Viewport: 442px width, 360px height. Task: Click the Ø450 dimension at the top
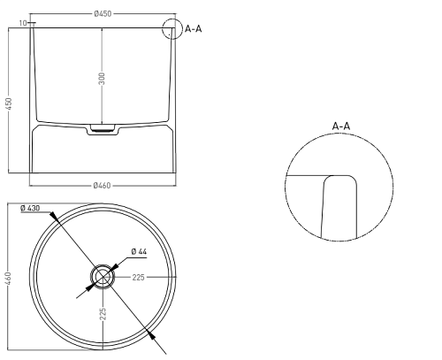(x=103, y=14)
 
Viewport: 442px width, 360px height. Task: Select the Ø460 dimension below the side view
(x=102, y=186)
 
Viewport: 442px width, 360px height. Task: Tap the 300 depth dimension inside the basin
(x=102, y=79)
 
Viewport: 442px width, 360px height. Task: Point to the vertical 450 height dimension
(x=9, y=104)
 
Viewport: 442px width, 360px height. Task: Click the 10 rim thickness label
(x=23, y=23)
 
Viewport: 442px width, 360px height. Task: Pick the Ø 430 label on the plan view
(x=30, y=208)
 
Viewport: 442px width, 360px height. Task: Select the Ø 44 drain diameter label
(x=139, y=251)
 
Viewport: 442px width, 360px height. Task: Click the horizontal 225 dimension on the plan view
(x=138, y=277)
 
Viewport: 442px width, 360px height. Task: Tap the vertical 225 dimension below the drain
(x=103, y=314)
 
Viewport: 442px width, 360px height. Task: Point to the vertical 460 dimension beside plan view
(x=9, y=279)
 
